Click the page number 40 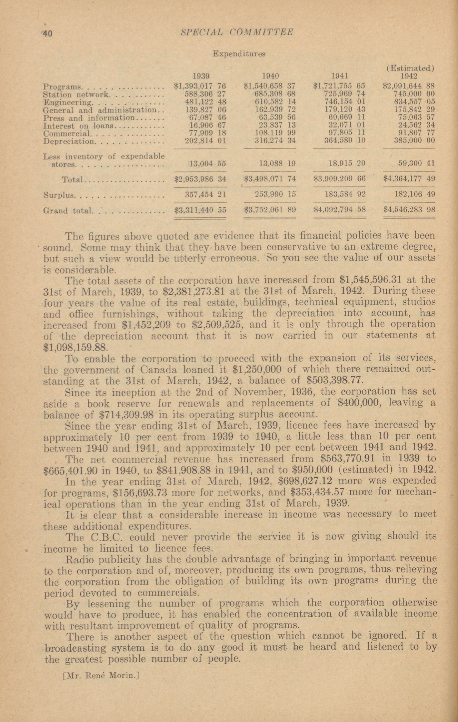tap(47, 33)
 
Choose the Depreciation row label tap(69, 141)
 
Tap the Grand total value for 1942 tap(409, 210)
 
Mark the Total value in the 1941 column tap(339, 179)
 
